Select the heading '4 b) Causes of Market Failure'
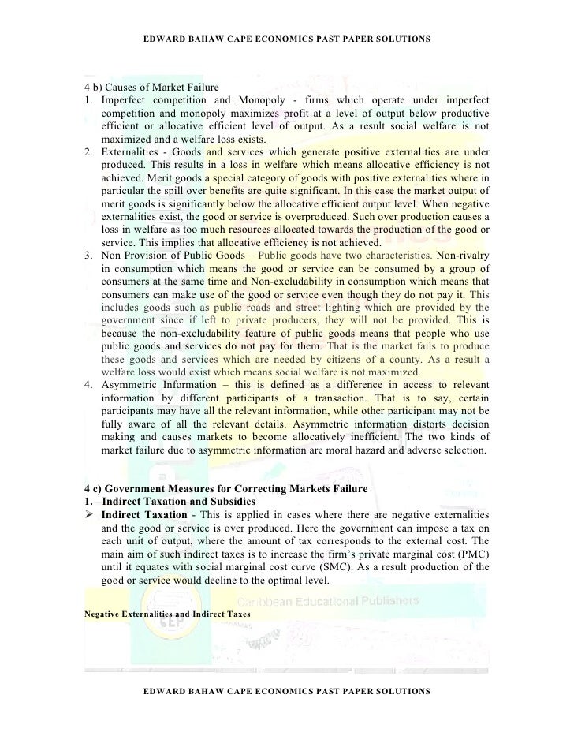pyautogui.click(x=151, y=86)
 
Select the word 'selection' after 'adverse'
pyautogui.click(x=460, y=449)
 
